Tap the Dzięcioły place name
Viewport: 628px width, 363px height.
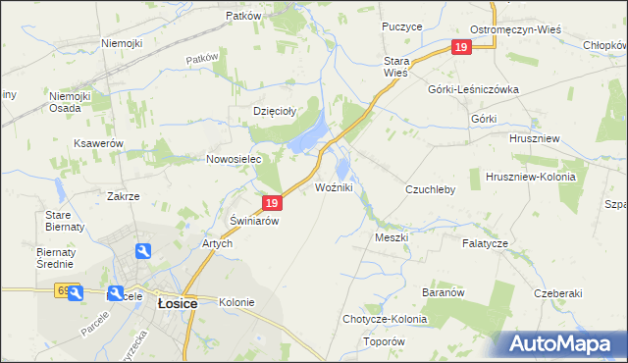coord(275,111)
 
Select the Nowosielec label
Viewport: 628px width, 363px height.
coord(232,159)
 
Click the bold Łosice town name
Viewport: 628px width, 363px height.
coord(178,304)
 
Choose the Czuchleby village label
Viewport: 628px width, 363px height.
coord(430,189)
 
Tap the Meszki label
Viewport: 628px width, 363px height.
coord(391,237)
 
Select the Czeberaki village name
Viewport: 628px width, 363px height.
coord(558,293)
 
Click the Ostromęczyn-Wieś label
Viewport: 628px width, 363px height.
coord(515,29)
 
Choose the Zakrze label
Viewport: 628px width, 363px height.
coord(123,196)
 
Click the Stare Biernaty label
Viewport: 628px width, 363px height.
coord(61,221)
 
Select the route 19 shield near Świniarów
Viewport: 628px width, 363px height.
coord(273,203)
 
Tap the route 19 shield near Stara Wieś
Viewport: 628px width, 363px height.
coord(461,47)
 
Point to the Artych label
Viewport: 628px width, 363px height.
coord(216,243)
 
